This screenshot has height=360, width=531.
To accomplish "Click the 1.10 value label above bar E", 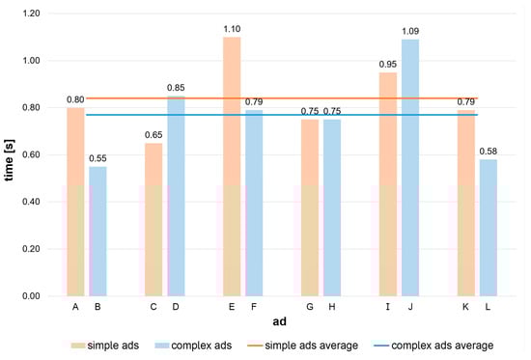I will (x=232, y=29).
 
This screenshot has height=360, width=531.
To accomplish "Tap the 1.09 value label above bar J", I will (x=411, y=32).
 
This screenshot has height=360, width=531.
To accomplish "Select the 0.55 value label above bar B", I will (x=98, y=158).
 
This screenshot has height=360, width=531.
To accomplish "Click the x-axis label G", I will (x=309, y=307).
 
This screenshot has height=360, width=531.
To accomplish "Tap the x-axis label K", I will (x=465, y=307).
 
